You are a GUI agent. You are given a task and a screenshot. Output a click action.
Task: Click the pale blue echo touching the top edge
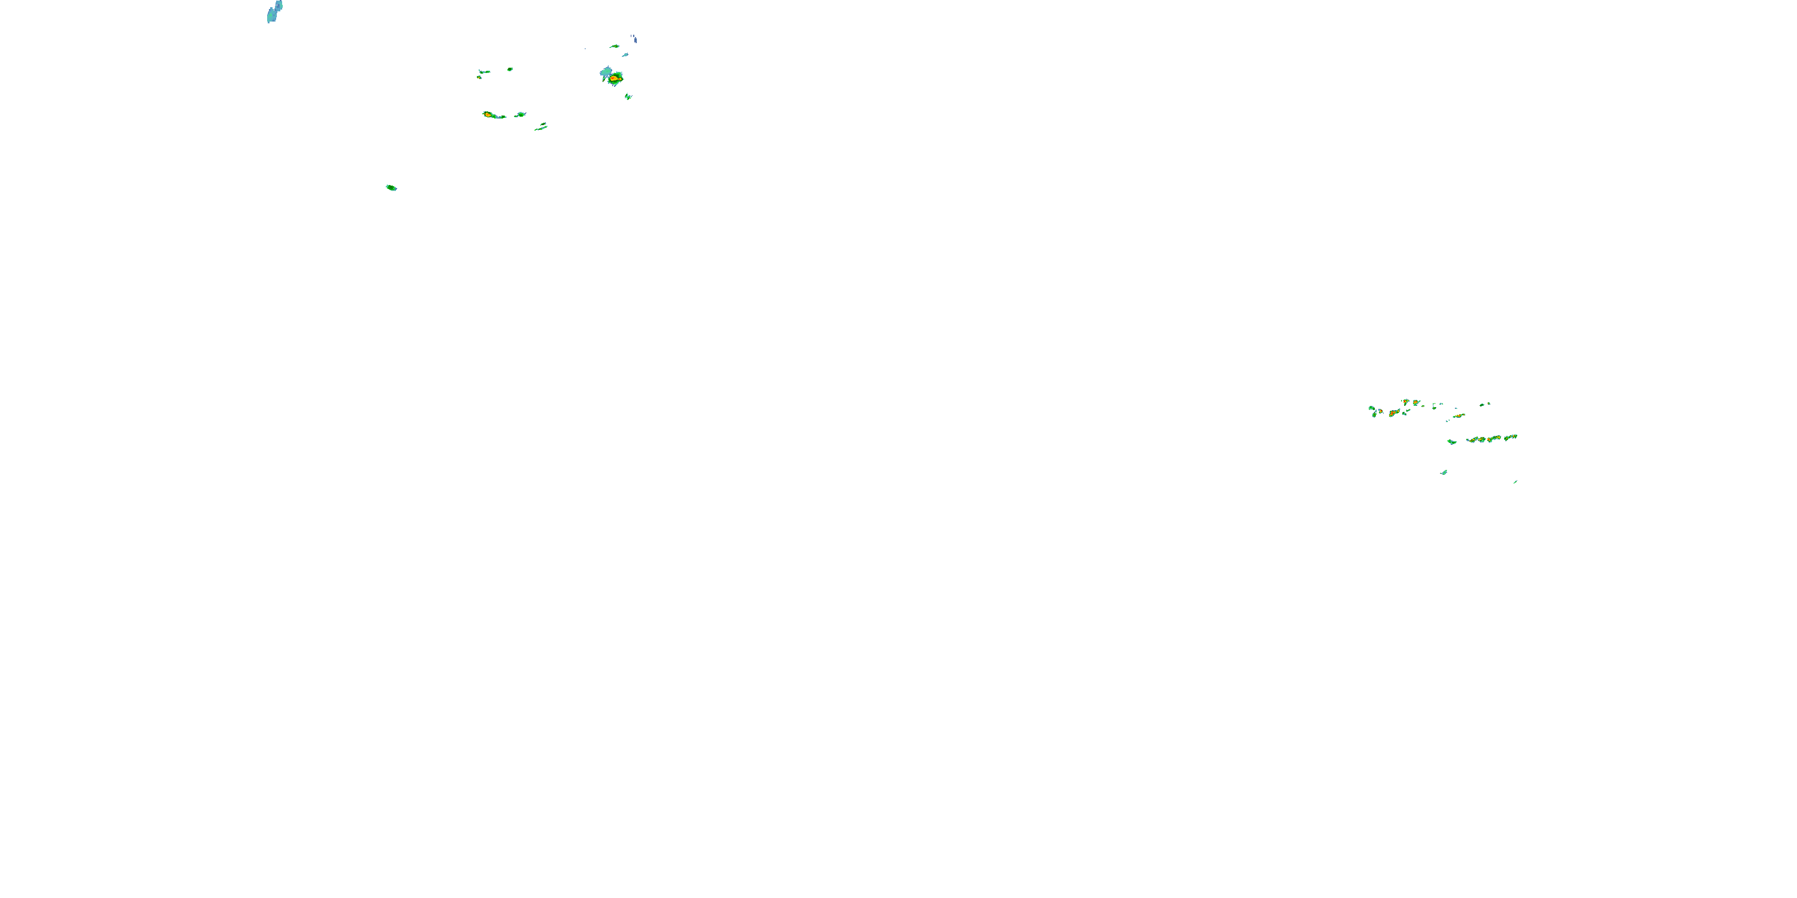point(274,12)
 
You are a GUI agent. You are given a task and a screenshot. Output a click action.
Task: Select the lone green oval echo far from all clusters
point(391,187)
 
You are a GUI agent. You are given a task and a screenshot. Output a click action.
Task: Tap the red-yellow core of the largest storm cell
point(614,79)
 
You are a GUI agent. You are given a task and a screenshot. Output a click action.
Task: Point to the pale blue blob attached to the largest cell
point(606,71)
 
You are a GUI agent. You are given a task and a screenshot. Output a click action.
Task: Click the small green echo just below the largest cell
point(628,96)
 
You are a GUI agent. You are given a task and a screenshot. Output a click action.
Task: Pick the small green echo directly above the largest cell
point(615,47)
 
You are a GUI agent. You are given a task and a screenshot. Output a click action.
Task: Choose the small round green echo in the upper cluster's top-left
point(510,69)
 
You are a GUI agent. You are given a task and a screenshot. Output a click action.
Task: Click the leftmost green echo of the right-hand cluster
point(1372,408)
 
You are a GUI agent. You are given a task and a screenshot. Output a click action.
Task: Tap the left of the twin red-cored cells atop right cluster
point(1406,402)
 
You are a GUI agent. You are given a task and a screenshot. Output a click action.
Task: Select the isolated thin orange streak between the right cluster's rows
point(1459,415)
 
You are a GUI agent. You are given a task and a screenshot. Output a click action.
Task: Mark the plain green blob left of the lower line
point(1452,441)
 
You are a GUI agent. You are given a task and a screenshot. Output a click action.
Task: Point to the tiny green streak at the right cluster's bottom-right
point(1515,482)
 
